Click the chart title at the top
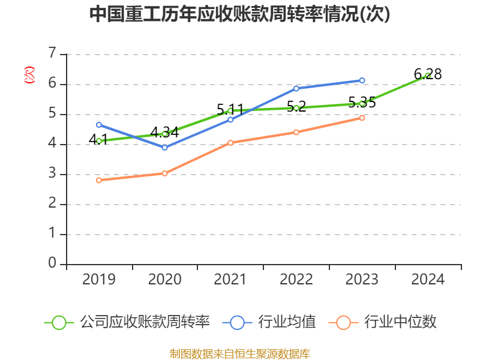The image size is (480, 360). pos(239,14)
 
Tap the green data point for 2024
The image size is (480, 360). pos(428,76)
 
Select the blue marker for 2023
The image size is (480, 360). pos(362,80)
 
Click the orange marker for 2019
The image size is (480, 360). pos(99,181)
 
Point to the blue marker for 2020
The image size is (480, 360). pos(164,148)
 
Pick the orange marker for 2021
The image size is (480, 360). pos(230,143)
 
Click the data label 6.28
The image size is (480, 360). pos(428,74)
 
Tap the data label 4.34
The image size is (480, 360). pos(164,133)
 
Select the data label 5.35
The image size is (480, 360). pos(362,103)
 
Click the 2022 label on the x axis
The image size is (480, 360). pos(296,279)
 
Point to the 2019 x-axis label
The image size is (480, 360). pos(99,279)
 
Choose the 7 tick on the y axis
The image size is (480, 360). pos(52,53)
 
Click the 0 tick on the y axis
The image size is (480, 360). pos(52,263)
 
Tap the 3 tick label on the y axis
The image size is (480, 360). pos(52,173)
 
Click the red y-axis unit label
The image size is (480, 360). pos(29,75)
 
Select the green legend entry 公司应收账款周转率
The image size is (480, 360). pos(127,322)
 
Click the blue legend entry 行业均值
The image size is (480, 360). pos(269,322)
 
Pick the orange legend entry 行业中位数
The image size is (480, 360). pos(383,322)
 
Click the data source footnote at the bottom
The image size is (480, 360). pos(240,353)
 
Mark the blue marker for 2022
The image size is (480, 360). pos(296,88)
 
